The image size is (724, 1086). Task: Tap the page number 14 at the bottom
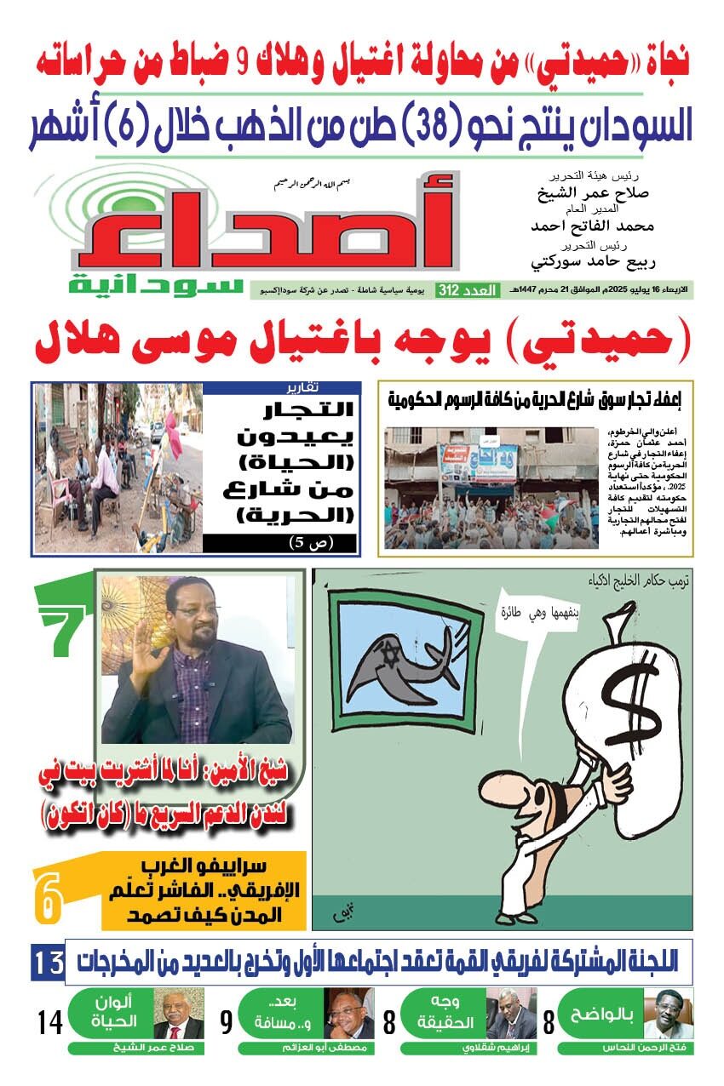pos(51,1021)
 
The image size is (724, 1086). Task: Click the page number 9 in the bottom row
pos(227,1021)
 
